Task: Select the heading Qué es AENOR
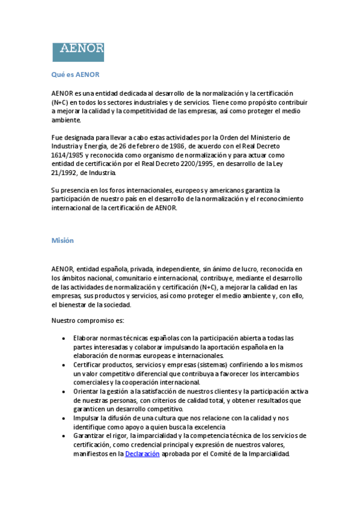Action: (75, 75)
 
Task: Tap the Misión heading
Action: (63, 241)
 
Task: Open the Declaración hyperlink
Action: (142, 454)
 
